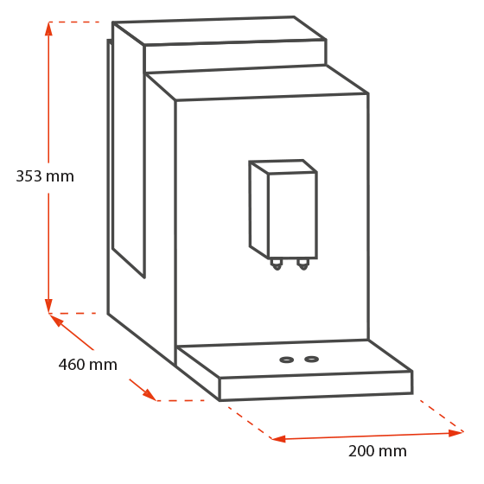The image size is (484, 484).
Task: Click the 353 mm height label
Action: [x=45, y=176]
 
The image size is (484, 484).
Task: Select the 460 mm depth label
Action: [x=88, y=365]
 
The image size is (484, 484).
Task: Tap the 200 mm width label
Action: [x=377, y=451]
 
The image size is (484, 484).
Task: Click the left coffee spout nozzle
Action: [x=277, y=264]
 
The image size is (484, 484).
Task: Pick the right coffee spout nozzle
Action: [x=303, y=264]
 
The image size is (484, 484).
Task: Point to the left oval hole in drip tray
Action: [x=286, y=360]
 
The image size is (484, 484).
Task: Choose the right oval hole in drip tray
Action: [x=311, y=359]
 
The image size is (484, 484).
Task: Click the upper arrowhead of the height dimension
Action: [x=48, y=29]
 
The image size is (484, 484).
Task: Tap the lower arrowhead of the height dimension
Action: [x=48, y=306]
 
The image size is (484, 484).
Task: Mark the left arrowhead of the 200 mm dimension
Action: [x=278, y=439]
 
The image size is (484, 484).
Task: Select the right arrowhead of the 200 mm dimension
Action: [x=456, y=433]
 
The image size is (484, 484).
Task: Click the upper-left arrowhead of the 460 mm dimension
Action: [x=56, y=320]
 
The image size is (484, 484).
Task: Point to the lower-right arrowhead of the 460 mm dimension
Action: [x=150, y=394]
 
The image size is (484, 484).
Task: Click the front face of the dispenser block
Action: [x=293, y=215]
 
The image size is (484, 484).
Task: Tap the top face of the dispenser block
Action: [x=283, y=167]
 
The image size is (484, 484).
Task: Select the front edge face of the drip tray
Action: [x=315, y=385]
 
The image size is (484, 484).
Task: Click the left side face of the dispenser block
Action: [x=259, y=210]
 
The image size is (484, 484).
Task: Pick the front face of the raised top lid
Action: [x=235, y=56]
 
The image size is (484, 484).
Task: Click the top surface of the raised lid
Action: [x=220, y=31]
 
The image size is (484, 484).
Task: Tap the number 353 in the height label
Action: [x=29, y=176]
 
